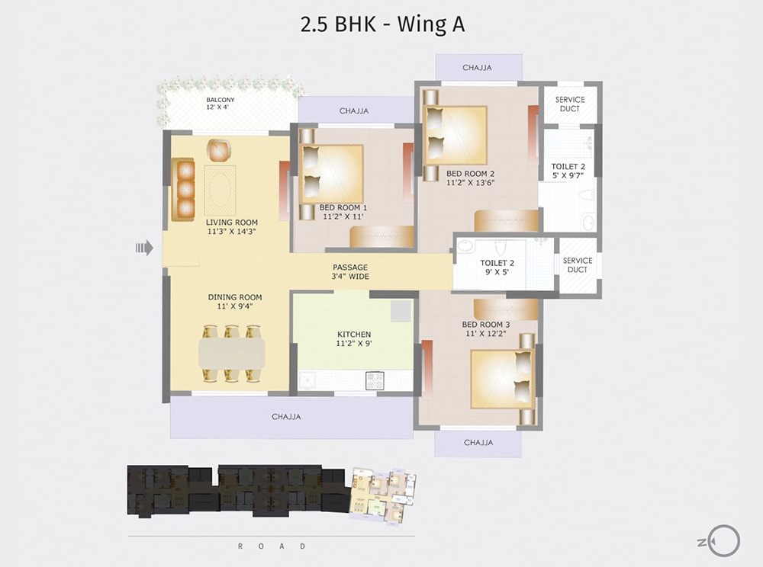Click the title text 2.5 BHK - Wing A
(x=382, y=24)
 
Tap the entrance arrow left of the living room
(x=144, y=247)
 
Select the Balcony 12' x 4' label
(x=220, y=104)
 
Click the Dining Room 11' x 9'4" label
(x=235, y=302)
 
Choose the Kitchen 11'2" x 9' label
(x=354, y=339)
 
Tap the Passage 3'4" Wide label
(x=350, y=272)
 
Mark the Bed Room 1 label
(x=343, y=213)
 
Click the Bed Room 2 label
(x=470, y=178)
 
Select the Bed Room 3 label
(x=486, y=329)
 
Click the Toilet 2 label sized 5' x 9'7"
(x=568, y=171)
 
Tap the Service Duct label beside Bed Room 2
(x=570, y=104)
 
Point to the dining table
(x=232, y=353)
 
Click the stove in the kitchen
(x=375, y=380)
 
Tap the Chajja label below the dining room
(x=286, y=417)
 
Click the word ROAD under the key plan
(x=272, y=546)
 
